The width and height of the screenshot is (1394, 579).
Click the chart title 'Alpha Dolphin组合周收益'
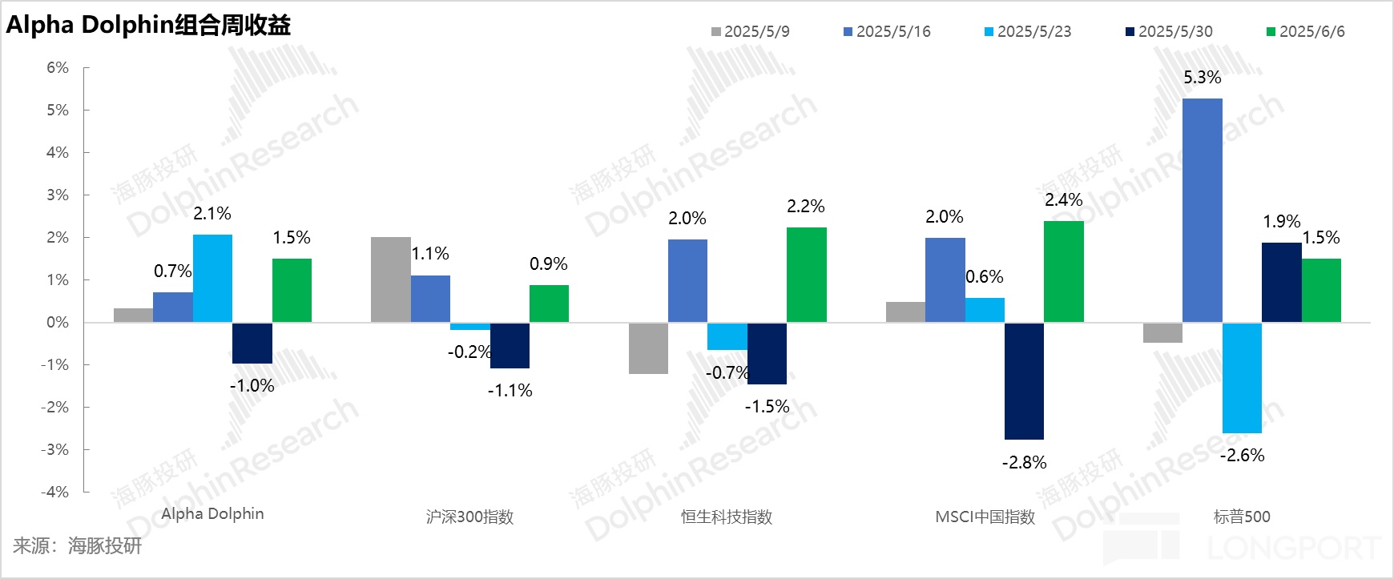(148, 26)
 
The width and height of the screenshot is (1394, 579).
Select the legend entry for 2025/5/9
(750, 32)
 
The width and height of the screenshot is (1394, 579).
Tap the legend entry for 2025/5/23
(1027, 32)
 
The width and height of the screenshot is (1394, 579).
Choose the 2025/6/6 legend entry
(1305, 32)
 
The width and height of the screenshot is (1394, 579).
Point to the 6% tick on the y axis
(58, 68)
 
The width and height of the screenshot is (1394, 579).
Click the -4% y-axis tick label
(54, 493)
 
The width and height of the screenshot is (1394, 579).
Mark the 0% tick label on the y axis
(58, 323)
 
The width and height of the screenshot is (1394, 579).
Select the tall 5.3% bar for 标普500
(1202, 210)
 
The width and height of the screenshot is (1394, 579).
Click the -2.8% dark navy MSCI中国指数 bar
(1024, 381)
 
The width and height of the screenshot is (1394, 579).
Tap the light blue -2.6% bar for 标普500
(1242, 378)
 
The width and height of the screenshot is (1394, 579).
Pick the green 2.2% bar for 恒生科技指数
(806, 275)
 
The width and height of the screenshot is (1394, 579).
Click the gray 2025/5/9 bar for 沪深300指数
(390, 279)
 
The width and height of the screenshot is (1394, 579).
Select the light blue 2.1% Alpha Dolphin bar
(212, 278)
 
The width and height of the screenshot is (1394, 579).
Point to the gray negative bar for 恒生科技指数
(648, 348)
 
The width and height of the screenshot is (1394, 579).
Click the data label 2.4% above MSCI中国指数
(1063, 200)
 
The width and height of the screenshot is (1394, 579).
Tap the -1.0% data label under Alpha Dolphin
(252, 386)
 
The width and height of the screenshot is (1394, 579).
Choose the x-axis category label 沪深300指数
(469, 517)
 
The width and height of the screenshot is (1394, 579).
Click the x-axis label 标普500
(1242, 517)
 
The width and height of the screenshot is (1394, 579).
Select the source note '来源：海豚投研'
(77, 546)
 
